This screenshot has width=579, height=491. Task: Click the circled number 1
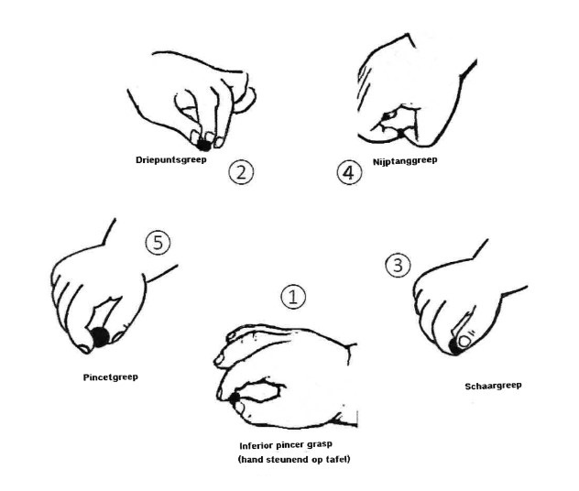tap(293, 297)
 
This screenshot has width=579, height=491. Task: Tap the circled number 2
tap(241, 171)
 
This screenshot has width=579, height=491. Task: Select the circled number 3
tap(398, 265)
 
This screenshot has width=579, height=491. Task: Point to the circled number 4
tap(349, 172)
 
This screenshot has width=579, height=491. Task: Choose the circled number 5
tap(158, 243)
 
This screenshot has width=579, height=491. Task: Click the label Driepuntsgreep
tap(171, 160)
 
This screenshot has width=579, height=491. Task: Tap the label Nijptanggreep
tap(405, 161)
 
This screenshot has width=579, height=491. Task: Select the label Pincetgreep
tap(111, 377)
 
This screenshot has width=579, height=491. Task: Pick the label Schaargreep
tap(493, 387)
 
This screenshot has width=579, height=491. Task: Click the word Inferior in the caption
tap(257, 445)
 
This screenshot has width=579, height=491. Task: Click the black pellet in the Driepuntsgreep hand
tap(203, 145)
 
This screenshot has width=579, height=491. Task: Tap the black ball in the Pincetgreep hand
tap(100, 337)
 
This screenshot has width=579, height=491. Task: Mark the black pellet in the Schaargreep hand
tap(454, 346)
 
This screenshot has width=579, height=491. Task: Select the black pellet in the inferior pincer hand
tap(234, 398)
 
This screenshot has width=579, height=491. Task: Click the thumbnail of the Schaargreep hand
tap(464, 342)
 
